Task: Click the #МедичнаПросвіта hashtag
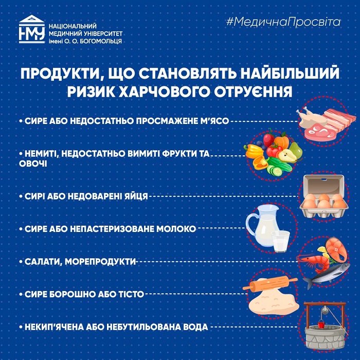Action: (283, 22)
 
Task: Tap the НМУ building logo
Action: (32, 29)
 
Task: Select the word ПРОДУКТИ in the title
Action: (60, 74)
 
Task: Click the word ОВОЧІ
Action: (33, 164)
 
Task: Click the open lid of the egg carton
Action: (324, 184)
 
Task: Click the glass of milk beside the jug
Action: (280, 241)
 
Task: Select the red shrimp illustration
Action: (313, 262)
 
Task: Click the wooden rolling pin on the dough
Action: (271, 284)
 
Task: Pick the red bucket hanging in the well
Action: (321, 323)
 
